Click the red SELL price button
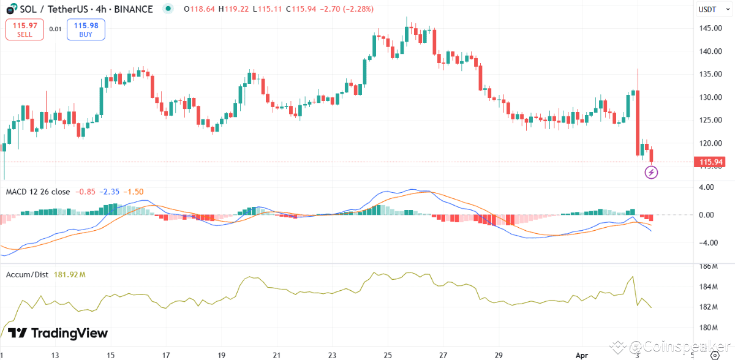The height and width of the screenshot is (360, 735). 24,29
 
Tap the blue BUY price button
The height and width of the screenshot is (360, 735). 86,29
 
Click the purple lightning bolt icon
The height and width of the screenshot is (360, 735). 652,172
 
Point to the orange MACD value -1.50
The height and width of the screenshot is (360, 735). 134,192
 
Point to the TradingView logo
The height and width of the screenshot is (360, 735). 58,333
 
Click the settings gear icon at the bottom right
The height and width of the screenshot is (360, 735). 714,355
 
